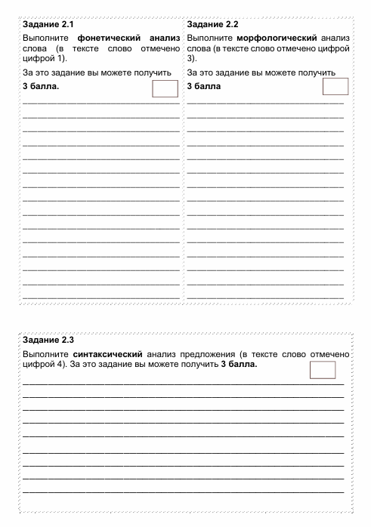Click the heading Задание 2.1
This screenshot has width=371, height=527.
[x=48, y=25]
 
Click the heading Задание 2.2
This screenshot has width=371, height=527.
[x=212, y=25]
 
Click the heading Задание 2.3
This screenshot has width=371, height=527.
[x=48, y=340]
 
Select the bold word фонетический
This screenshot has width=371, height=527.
[x=110, y=37]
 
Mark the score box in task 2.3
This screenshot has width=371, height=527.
[x=322, y=369]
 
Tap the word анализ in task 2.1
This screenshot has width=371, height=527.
[x=165, y=37]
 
